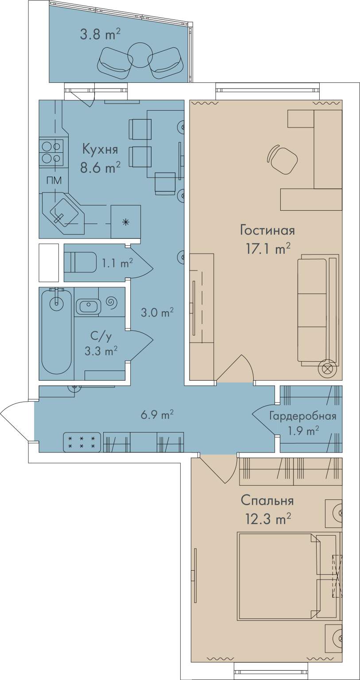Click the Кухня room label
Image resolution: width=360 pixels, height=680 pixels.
point(100,150)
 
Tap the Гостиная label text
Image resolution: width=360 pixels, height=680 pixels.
point(267,230)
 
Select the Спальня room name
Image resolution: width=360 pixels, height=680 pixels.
point(267,500)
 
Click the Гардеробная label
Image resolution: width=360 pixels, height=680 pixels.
point(303,416)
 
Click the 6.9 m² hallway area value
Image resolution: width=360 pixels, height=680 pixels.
point(157,414)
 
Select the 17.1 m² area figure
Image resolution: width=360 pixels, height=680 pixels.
point(267,249)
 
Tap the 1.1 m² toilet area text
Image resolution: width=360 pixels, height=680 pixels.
point(117,263)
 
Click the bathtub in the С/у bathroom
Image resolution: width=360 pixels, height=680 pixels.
point(57,333)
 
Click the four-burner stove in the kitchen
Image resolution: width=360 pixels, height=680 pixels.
point(51,153)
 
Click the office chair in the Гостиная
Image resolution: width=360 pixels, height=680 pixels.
point(282,158)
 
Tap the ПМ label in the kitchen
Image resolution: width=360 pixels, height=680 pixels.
point(54,181)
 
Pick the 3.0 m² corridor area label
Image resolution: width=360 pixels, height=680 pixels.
point(157,313)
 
